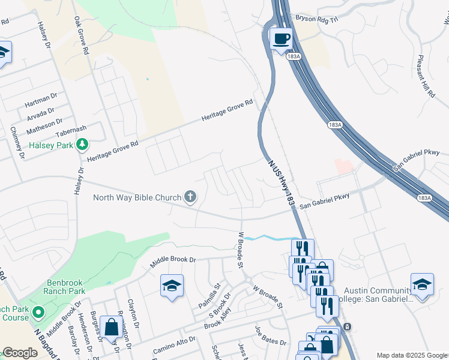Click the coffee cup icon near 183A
click(280, 40)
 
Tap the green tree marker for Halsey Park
click(82, 145)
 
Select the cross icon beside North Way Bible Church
click(190, 197)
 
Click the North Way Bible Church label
click(137, 197)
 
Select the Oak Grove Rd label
click(82, 36)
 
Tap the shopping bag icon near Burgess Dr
click(111, 327)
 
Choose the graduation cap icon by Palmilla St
click(172, 286)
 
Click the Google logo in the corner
click(19, 353)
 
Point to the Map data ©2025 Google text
click(412, 355)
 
